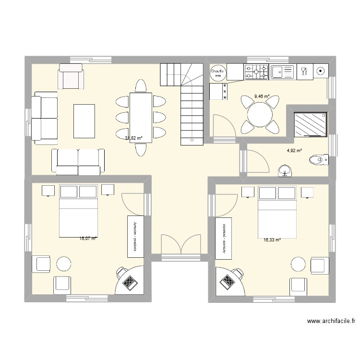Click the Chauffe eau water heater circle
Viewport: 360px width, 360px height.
pyautogui.click(x=217, y=72)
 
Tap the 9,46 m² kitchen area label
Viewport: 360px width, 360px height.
pyautogui.click(x=262, y=96)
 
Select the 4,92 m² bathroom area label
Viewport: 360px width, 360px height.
pyautogui.click(x=294, y=151)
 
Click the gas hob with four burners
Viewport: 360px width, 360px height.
pyautogui.click(x=257, y=72)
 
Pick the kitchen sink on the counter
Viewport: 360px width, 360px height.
pyautogui.click(x=282, y=72)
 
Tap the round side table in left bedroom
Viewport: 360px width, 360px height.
pyautogui.click(x=63, y=264)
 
